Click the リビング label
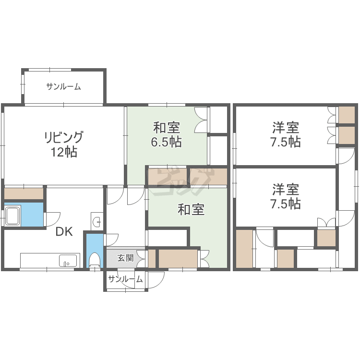click(63, 137)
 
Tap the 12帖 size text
click(63, 152)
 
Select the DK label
click(64, 231)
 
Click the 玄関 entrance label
click(125, 258)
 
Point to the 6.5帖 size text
click(167, 142)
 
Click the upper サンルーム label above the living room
click(63, 86)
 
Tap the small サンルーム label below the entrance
click(125, 279)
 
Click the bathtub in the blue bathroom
click(13, 216)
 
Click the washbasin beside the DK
click(97, 221)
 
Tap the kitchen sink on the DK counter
click(68, 261)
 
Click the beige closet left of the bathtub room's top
click(24, 193)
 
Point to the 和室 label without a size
click(191, 210)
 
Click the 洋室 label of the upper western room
click(286, 128)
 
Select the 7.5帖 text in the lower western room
click(286, 204)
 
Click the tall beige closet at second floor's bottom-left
click(244, 249)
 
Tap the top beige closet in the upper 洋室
click(347, 115)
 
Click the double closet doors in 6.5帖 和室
click(201, 120)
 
